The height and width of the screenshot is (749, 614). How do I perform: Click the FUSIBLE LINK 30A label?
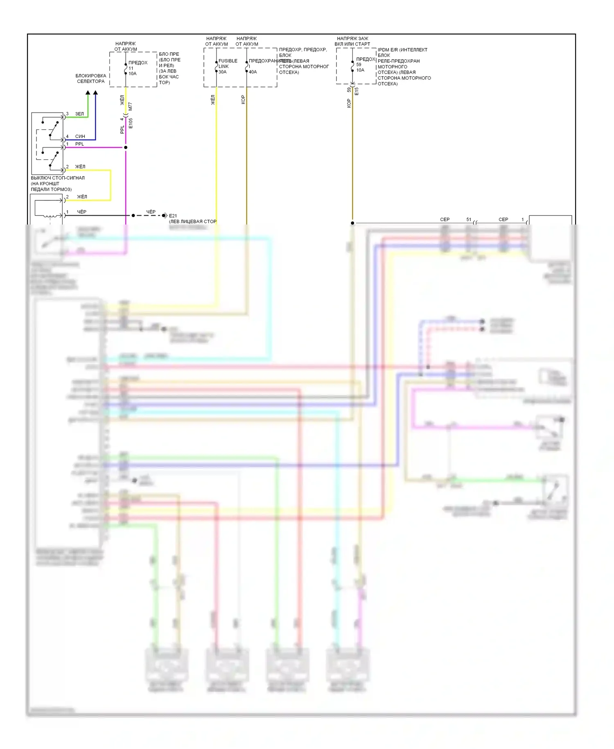click(227, 66)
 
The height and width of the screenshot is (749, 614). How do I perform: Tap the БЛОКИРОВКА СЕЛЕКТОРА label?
click(91, 79)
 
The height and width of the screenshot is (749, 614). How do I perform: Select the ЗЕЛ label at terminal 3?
click(79, 114)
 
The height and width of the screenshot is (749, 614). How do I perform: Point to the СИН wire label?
click(80, 136)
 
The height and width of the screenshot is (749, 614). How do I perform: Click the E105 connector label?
click(131, 123)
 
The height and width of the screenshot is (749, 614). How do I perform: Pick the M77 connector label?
click(131, 107)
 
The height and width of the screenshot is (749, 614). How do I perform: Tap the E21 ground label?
click(173, 216)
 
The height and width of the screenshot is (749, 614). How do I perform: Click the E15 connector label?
click(357, 91)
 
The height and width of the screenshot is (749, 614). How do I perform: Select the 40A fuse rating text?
click(253, 72)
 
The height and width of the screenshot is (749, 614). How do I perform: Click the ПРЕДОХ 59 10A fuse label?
click(364, 64)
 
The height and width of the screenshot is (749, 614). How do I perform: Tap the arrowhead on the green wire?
click(88, 93)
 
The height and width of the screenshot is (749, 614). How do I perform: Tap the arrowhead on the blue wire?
click(95, 93)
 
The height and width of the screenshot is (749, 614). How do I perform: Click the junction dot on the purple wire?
click(126, 148)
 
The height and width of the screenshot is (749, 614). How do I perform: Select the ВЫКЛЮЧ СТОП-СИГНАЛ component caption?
click(57, 184)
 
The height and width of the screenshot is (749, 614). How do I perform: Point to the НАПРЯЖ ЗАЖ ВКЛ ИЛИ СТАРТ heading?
click(352, 41)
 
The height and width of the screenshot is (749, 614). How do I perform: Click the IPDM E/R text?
click(402, 50)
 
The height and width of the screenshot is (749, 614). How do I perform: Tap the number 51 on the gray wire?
click(469, 220)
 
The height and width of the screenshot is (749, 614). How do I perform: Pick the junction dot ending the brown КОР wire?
click(352, 223)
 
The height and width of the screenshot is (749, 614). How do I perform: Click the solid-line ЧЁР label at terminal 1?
click(81, 212)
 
